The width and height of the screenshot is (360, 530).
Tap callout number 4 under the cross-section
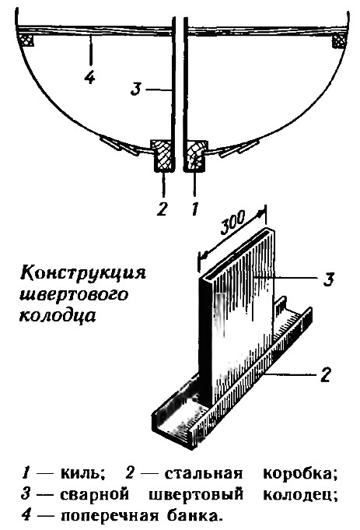coord(89,78)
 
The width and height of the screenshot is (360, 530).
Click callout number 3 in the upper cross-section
coord(135,90)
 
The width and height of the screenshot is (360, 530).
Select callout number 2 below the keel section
coord(162,209)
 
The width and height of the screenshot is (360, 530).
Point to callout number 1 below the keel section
coord(195,209)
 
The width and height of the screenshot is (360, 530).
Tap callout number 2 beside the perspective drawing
coord(325,374)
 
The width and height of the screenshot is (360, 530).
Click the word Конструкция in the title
coord(83,273)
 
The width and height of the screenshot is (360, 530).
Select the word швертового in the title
coord(74,294)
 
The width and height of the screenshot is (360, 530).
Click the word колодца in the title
coord(58,316)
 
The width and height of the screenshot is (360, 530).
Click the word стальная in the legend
coord(204,473)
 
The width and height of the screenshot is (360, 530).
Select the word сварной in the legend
coord(95,494)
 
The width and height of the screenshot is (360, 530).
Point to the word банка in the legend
coord(197,515)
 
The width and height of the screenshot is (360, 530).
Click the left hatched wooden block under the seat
coord(26,40)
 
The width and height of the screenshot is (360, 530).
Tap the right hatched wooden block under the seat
coord(338,41)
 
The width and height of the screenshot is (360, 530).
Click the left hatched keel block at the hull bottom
coord(164,156)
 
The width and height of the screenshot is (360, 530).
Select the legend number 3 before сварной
coord(26,494)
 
